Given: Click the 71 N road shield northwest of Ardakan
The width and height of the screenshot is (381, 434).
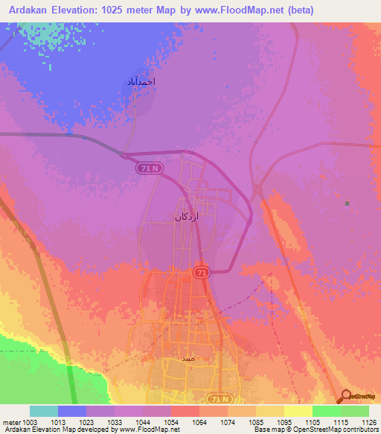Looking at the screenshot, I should [x=148, y=169].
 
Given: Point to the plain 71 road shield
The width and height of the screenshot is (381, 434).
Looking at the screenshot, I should [x=202, y=273].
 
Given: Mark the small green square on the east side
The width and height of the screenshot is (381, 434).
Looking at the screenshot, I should [x=347, y=203].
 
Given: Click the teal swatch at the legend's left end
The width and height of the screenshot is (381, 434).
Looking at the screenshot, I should [x=43, y=411].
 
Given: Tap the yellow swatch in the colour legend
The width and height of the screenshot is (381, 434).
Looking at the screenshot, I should [x=298, y=411].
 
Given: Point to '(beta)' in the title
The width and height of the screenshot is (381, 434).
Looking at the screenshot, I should [x=298, y=10].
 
